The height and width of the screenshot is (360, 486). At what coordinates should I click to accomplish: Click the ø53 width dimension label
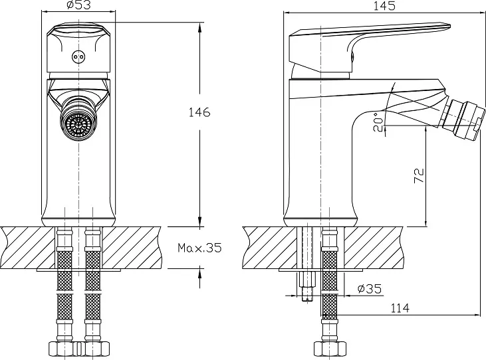click(x=78, y=5)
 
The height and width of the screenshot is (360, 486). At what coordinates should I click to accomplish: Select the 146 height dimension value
click(x=199, y=112)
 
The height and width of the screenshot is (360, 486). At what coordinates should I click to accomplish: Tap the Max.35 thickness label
click(x=199, y=248)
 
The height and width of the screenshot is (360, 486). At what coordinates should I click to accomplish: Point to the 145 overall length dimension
click(x=384, y=6)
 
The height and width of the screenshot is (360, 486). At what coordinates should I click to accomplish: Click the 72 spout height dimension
click(x=419, y=175)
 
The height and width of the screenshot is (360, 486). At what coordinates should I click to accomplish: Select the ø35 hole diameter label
click(x=370, y=289)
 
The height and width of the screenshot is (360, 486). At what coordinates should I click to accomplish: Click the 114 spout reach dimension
click(x=400, y=308)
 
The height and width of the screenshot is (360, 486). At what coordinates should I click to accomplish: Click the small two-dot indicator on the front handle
click(x=78, y=57)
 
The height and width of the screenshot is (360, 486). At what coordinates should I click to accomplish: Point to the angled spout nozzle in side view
click(x=463, y=120)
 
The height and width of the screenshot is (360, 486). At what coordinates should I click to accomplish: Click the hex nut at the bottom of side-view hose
click(x=330, y=348)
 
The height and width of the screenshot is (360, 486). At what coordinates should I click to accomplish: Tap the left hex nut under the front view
click(x=64, y=348)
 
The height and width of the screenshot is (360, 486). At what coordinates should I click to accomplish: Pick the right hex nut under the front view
click(x=94, y=348)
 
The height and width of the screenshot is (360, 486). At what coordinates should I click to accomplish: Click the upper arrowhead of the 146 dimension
click(x=200, y=28)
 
